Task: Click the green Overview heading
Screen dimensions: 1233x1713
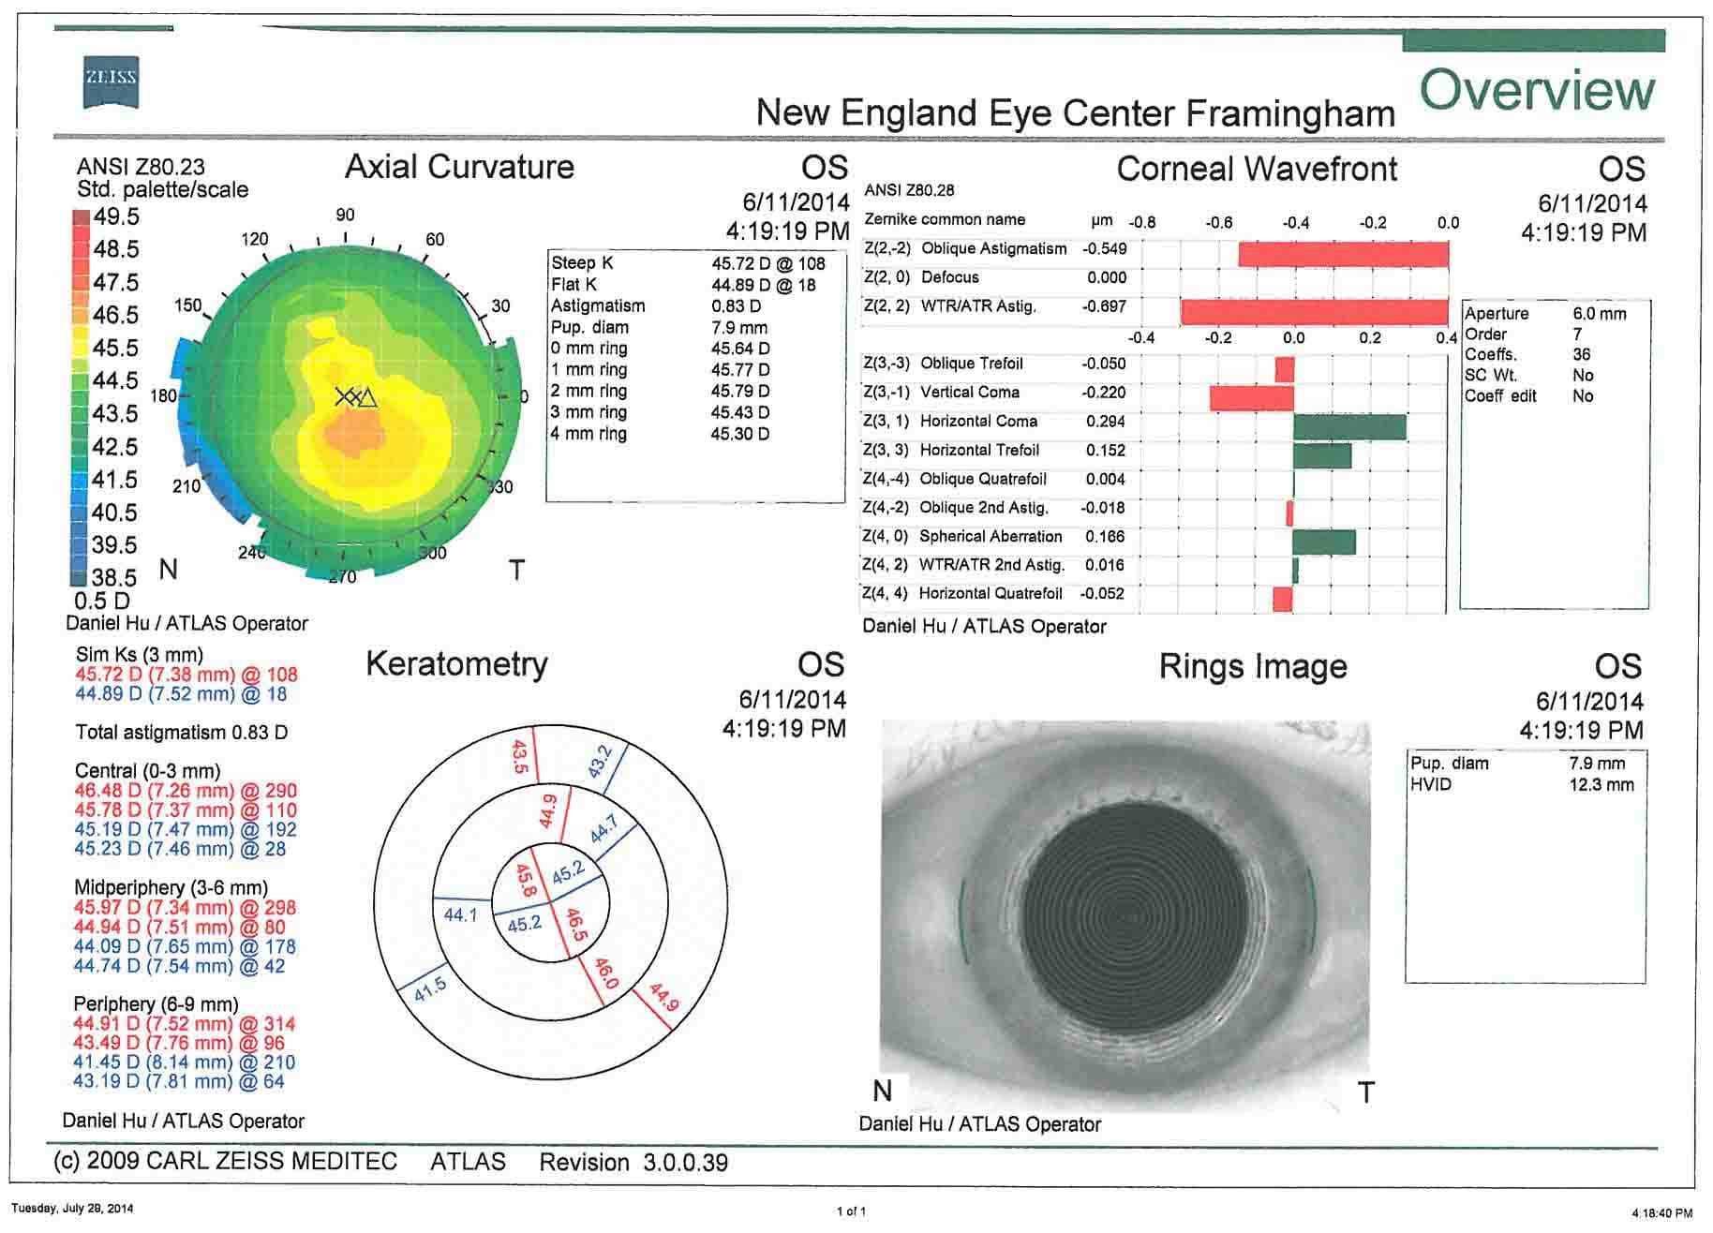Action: pos(1537,90)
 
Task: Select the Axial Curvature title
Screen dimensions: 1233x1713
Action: pos(459,167)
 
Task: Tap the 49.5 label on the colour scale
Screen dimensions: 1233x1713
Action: pos(116,216)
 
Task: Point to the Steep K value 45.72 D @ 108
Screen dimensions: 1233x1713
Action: pos(767,263)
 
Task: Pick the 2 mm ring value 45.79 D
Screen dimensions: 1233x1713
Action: pos(739,391)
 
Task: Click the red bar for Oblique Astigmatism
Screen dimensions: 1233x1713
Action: pos(1343,254)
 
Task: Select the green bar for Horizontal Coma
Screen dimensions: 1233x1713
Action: pos(1349,427)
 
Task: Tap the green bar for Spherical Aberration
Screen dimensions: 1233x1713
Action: pos(1323,542)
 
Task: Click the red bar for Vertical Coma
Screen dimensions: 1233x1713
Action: pos(1251,398)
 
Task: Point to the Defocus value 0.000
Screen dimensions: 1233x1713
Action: pos(1107,277)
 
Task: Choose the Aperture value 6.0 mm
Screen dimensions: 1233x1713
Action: pos(1599,314)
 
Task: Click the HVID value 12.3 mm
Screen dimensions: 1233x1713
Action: pos(1601,784)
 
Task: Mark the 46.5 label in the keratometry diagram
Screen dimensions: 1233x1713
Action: pos(576,925)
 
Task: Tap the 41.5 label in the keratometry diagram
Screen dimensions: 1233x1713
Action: pos(431,989)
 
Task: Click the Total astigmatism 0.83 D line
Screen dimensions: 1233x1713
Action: pos(182,733)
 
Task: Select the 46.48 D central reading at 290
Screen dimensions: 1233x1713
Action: pos(186,791)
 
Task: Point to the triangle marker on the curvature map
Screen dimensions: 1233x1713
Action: pos(367,398)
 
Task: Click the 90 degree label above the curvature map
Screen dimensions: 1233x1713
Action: pos(345,215)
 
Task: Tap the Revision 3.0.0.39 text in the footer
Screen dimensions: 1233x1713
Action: pos(633,1163)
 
